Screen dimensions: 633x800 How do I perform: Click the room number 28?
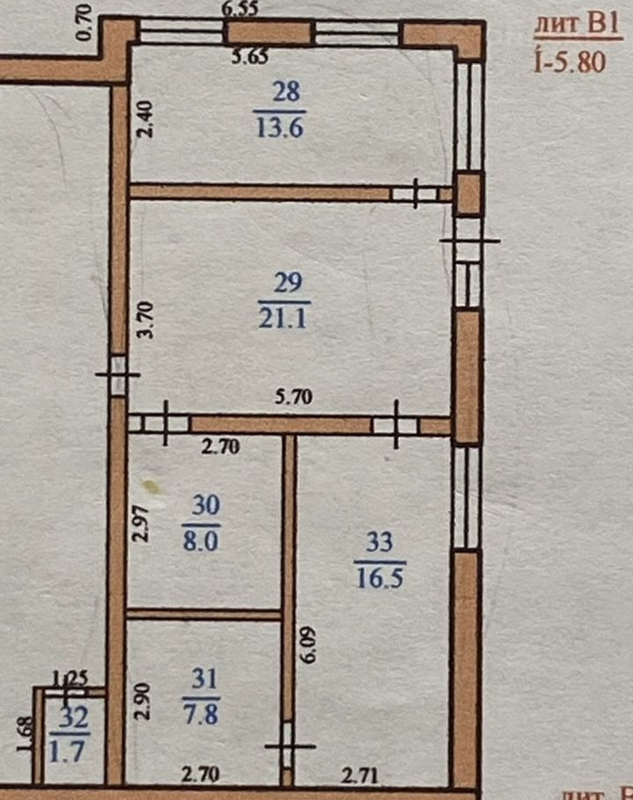pos(287,92)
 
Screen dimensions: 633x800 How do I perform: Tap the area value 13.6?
pos(280,127)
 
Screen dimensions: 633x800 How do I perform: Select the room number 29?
pos(288,282)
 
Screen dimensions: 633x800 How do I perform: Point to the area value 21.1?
pos(282,318)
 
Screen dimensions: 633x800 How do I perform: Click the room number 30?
pos(206,505)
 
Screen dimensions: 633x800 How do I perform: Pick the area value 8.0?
pos(201,541)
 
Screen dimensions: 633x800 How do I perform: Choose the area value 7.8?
pos(201,714)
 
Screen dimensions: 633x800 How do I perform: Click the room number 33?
pos(380,542)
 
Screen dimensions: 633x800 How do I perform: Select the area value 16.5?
pos(381,578)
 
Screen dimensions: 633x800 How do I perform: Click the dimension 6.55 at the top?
pos(240,9)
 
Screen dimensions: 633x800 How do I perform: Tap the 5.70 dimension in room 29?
pos(294,396)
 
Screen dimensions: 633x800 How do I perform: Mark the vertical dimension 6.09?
pos(309,644)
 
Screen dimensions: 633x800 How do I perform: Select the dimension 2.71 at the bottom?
pos(360,775)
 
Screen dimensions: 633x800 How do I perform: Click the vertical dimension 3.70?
pos(146,320)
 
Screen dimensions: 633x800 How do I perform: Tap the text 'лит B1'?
pos(578,25)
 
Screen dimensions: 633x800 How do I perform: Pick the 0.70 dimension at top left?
pos(84,22)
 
